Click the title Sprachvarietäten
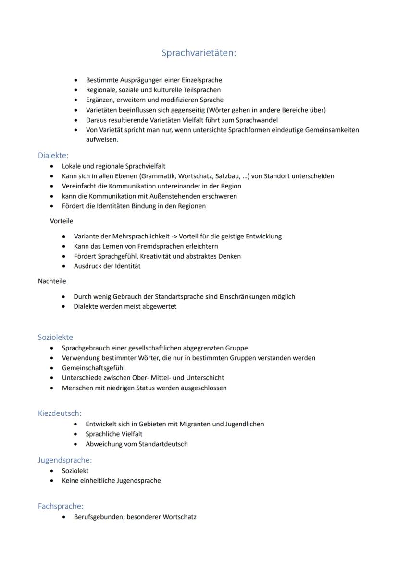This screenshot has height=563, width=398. [x=199, y=53]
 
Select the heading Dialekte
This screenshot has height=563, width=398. [x=53, y=155]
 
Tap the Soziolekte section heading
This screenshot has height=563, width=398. [x=55, y=337]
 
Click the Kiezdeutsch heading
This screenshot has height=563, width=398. [x=60, y=413]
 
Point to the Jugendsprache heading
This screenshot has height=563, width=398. [x=65, y=460]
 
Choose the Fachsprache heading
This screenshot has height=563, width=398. [x=61, y=506]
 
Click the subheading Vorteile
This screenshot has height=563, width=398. [x=62, y=221]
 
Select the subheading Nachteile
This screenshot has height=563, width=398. [x=52, y=281]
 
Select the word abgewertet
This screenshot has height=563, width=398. [x=160, y=306]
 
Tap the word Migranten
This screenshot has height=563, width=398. [x=195, y=424]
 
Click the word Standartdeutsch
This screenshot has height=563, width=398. [x=163, y=444]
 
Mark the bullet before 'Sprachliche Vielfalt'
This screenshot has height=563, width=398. [x=76, y=434]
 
